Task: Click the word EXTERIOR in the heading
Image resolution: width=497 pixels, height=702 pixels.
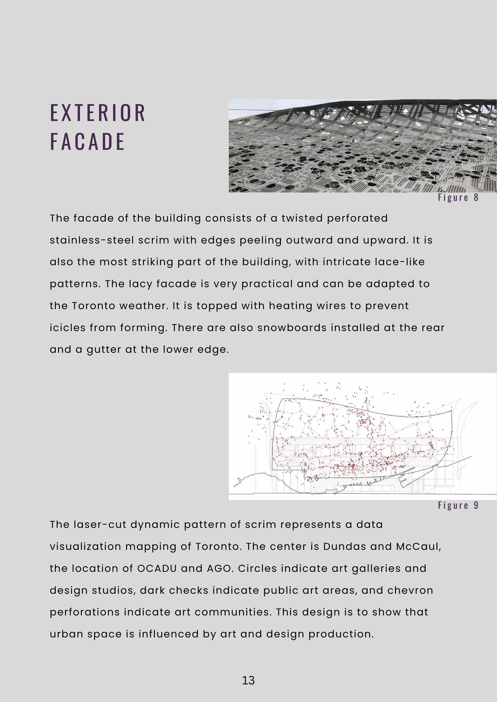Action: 97,113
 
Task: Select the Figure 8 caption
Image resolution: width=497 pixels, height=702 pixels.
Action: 458,198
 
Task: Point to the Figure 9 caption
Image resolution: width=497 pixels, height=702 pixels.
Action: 458,505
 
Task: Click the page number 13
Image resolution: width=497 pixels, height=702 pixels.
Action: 248,680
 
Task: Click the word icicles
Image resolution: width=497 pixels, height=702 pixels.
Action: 67,328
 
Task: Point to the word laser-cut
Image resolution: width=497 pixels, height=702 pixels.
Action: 100,525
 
